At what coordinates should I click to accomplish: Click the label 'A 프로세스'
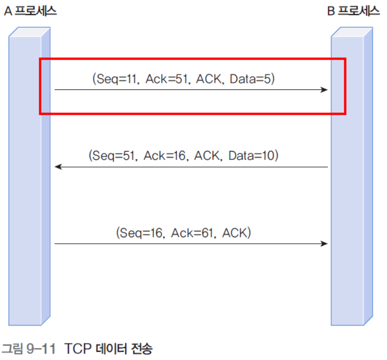click(x=30, y=11)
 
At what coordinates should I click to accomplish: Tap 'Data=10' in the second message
click(x=253, y=155)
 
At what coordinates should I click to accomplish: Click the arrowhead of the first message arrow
click(x=324, y=90)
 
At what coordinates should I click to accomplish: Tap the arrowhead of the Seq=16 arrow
click(x=324, y=243)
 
